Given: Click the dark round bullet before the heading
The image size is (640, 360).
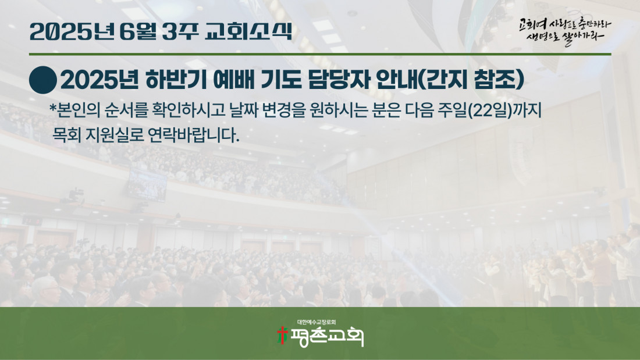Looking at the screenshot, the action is (43, 80).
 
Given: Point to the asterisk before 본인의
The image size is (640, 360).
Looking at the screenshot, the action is (52, 108).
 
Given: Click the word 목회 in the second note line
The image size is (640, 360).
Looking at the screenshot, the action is (67, 135).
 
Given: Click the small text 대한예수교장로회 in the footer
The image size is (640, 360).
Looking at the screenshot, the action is (317, 322).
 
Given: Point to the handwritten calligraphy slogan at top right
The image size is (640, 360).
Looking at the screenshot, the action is (566, 31).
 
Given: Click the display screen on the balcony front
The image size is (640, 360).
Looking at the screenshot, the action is (147, 185).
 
